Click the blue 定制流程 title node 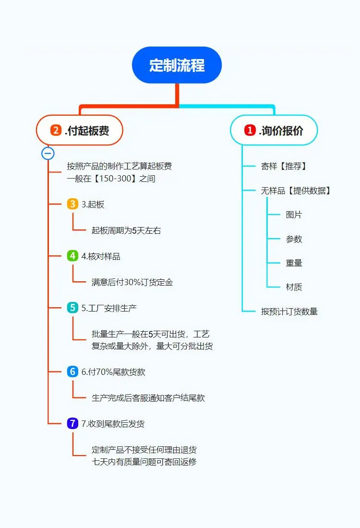point(177,65)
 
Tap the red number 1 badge point(250,130)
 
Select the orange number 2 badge point(56,130)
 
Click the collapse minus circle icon point(48,154)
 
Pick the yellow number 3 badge point(72,204)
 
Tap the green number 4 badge point(72,256)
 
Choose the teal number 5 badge point(72,308)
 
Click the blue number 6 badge point(72,372)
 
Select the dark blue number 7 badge point(72,424)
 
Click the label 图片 point(294,215)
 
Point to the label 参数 point(294,239)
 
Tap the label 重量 point(294,263)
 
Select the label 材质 point(294,287)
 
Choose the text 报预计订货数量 point(289,312)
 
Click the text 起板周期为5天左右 point(126,231)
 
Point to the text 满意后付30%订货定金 point(132,282)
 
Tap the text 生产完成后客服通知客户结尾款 point(148,398)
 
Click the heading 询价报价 point(281,130)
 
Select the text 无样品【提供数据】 point(296,191)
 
